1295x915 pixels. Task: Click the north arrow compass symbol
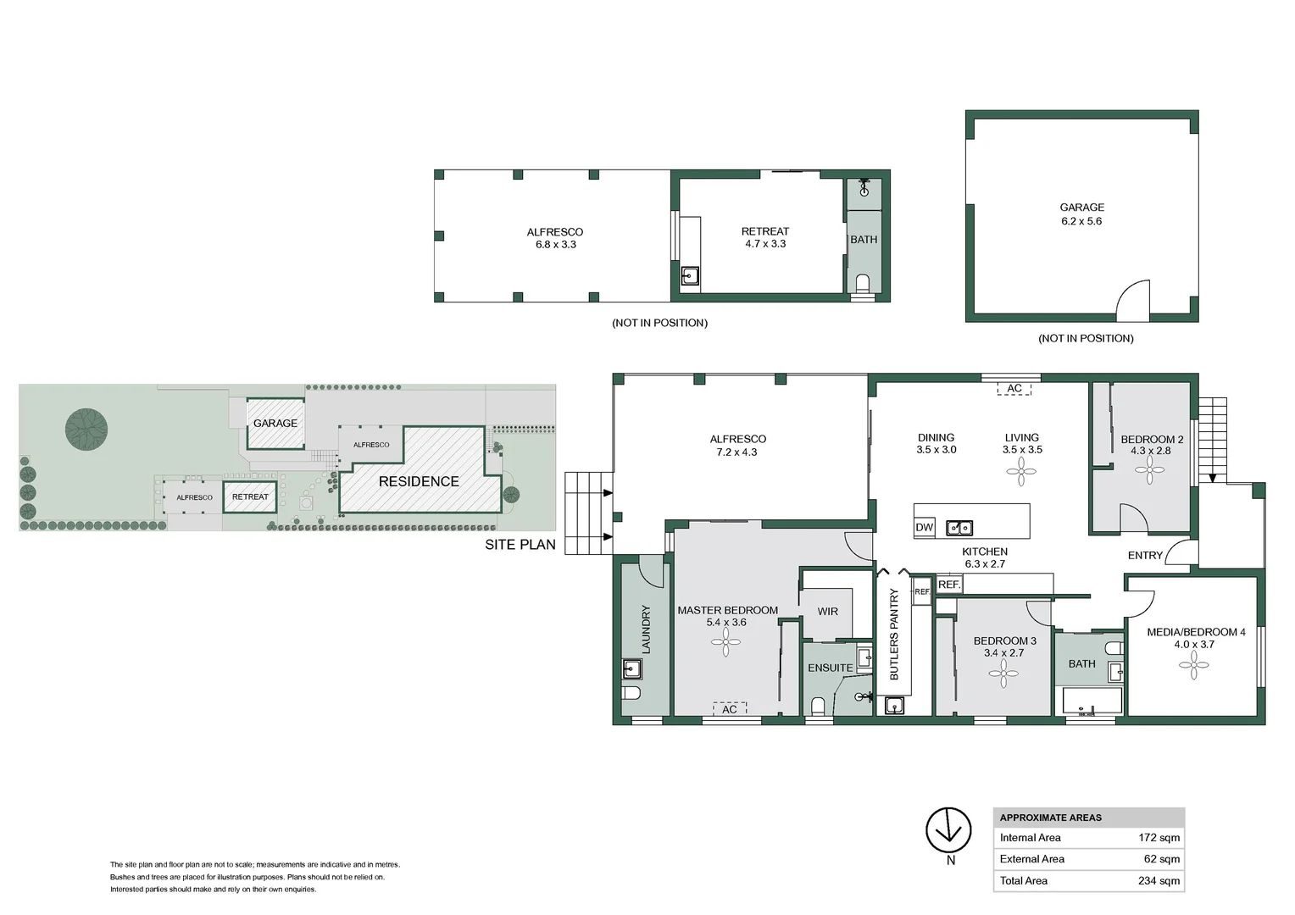948,830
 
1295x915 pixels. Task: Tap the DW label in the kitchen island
924,527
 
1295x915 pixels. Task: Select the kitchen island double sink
959,528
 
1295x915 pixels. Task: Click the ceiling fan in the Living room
1021,472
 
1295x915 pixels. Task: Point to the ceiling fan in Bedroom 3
1003,674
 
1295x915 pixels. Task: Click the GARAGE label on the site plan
275,423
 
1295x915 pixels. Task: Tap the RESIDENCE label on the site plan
419,481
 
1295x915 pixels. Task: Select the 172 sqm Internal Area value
1159,837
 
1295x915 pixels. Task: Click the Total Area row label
1023,880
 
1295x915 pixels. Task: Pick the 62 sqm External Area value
1161,858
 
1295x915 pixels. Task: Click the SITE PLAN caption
520,545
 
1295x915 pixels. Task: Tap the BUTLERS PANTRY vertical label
893,635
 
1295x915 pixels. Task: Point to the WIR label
827,611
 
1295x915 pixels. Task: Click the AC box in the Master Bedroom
729,709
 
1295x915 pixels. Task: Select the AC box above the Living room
1014,388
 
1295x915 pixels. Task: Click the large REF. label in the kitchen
948,585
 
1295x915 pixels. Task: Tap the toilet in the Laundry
631,693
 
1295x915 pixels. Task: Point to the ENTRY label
1144,555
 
